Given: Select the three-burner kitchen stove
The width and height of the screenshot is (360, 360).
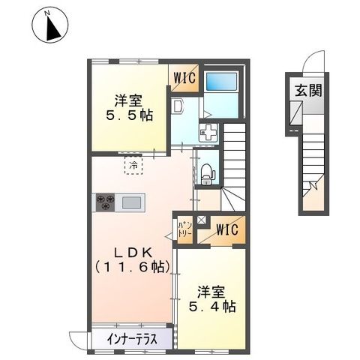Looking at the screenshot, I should pos(104,202).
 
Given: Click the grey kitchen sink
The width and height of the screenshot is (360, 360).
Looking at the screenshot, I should pos(132,202).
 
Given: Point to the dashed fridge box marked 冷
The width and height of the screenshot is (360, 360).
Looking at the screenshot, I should pos(133,164).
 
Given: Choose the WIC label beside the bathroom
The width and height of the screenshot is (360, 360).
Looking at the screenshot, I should pos(186,77).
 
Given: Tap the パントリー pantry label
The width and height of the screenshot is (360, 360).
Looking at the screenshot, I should pos(184,229).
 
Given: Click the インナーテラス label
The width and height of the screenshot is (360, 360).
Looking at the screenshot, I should pos(131,339).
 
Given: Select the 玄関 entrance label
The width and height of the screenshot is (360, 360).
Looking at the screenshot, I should pos(307,91).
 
